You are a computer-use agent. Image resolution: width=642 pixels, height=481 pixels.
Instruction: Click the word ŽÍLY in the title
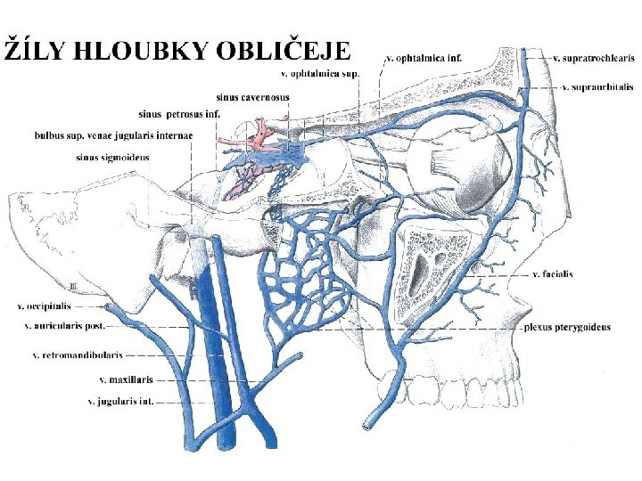(35, 50)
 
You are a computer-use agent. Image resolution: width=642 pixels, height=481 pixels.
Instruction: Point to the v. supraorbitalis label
(598, 87)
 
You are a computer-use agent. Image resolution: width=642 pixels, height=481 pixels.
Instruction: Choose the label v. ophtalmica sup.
(318, 74)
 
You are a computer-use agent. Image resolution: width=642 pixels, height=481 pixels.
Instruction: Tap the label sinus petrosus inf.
(179, 113)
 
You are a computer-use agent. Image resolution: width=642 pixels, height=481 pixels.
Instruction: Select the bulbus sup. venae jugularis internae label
(113, 135)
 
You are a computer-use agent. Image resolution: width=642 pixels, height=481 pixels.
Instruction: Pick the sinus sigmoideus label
(113, 158)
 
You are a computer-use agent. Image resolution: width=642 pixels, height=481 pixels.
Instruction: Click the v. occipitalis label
(44, 307)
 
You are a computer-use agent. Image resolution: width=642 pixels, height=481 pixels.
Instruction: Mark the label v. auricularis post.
(65, 326)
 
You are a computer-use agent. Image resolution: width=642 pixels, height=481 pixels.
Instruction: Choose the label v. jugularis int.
(120, 402)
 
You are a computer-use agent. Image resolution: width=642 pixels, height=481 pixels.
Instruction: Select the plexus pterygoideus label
(567, 327)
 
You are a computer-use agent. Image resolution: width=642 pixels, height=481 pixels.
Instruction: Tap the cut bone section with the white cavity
(432, 272)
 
